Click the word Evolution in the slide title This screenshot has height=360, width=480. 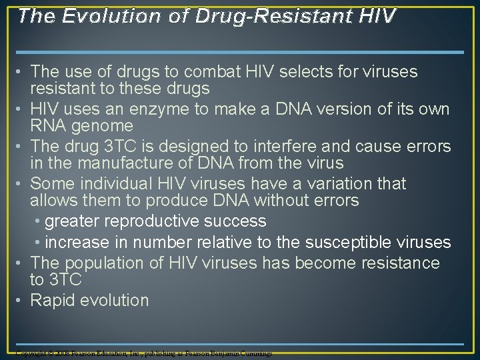pyautogui.click(x=99, y=16)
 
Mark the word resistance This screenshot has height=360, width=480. pyautogui.click(x=399, y=263)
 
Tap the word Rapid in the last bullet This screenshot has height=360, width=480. pyautogui.click(x=53, y=300)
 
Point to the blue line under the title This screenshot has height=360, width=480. pyautogui.click(x=239, y=52)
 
